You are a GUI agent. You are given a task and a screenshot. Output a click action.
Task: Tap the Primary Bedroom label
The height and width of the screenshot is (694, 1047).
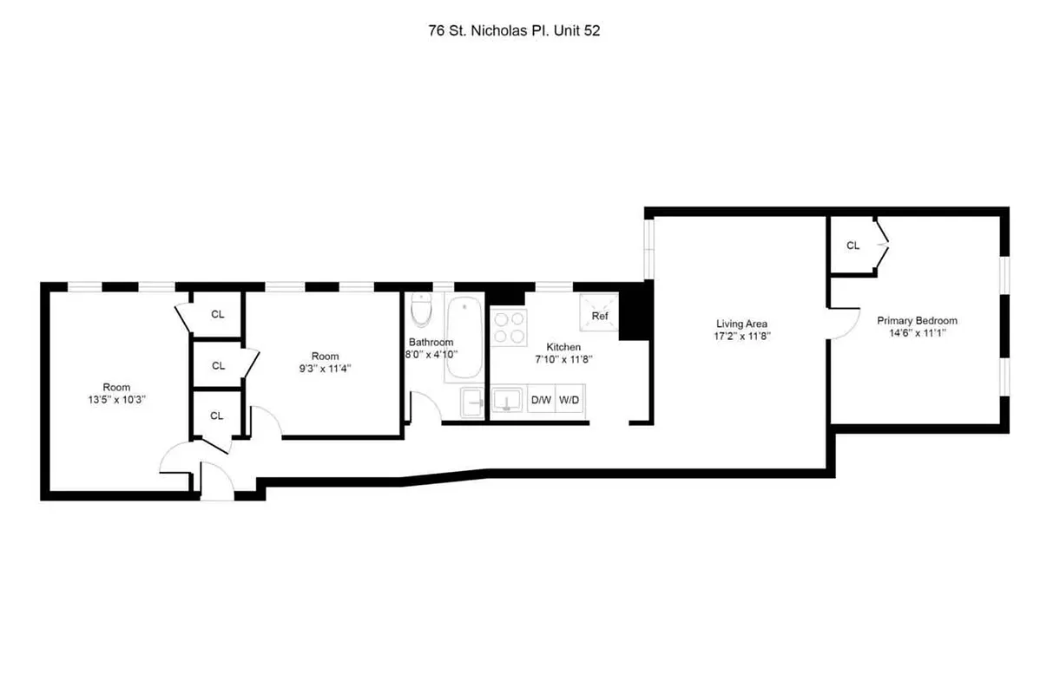coord(916,320)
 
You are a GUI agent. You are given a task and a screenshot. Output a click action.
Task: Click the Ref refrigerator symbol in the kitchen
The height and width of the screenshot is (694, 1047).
coord(599,316)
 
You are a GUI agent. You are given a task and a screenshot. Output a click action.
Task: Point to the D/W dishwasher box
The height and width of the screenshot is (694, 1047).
coord(541,400)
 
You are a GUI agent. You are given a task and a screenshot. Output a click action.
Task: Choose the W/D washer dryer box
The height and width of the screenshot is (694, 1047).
coord(570,400)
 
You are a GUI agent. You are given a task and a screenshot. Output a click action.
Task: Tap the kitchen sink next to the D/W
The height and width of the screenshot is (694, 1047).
coord(507,401)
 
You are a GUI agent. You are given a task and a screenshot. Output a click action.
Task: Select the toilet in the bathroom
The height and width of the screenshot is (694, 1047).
coord(422,311)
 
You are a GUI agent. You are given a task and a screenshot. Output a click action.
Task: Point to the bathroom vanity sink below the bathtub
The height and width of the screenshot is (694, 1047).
coord(472,402)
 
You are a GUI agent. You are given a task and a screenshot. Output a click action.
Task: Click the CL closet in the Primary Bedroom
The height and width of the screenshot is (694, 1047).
coord(853,246)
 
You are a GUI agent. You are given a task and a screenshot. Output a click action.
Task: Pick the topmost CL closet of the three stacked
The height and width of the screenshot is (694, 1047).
coord(217,314)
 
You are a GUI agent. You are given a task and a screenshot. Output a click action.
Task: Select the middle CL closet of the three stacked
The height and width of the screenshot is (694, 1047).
coord(218,365)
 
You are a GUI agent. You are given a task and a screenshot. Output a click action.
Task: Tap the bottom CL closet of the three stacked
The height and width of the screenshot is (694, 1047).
coord(217,416)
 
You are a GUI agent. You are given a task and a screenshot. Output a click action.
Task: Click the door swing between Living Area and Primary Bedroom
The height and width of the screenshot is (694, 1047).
coord(840,325)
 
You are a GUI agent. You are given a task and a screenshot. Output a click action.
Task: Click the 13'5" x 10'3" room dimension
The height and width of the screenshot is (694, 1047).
coord(117,401)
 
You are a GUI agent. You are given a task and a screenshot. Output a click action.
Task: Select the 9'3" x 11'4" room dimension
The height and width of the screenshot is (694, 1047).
coord(326,369)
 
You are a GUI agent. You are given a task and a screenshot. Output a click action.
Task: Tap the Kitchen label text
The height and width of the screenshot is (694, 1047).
coord(563,347)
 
